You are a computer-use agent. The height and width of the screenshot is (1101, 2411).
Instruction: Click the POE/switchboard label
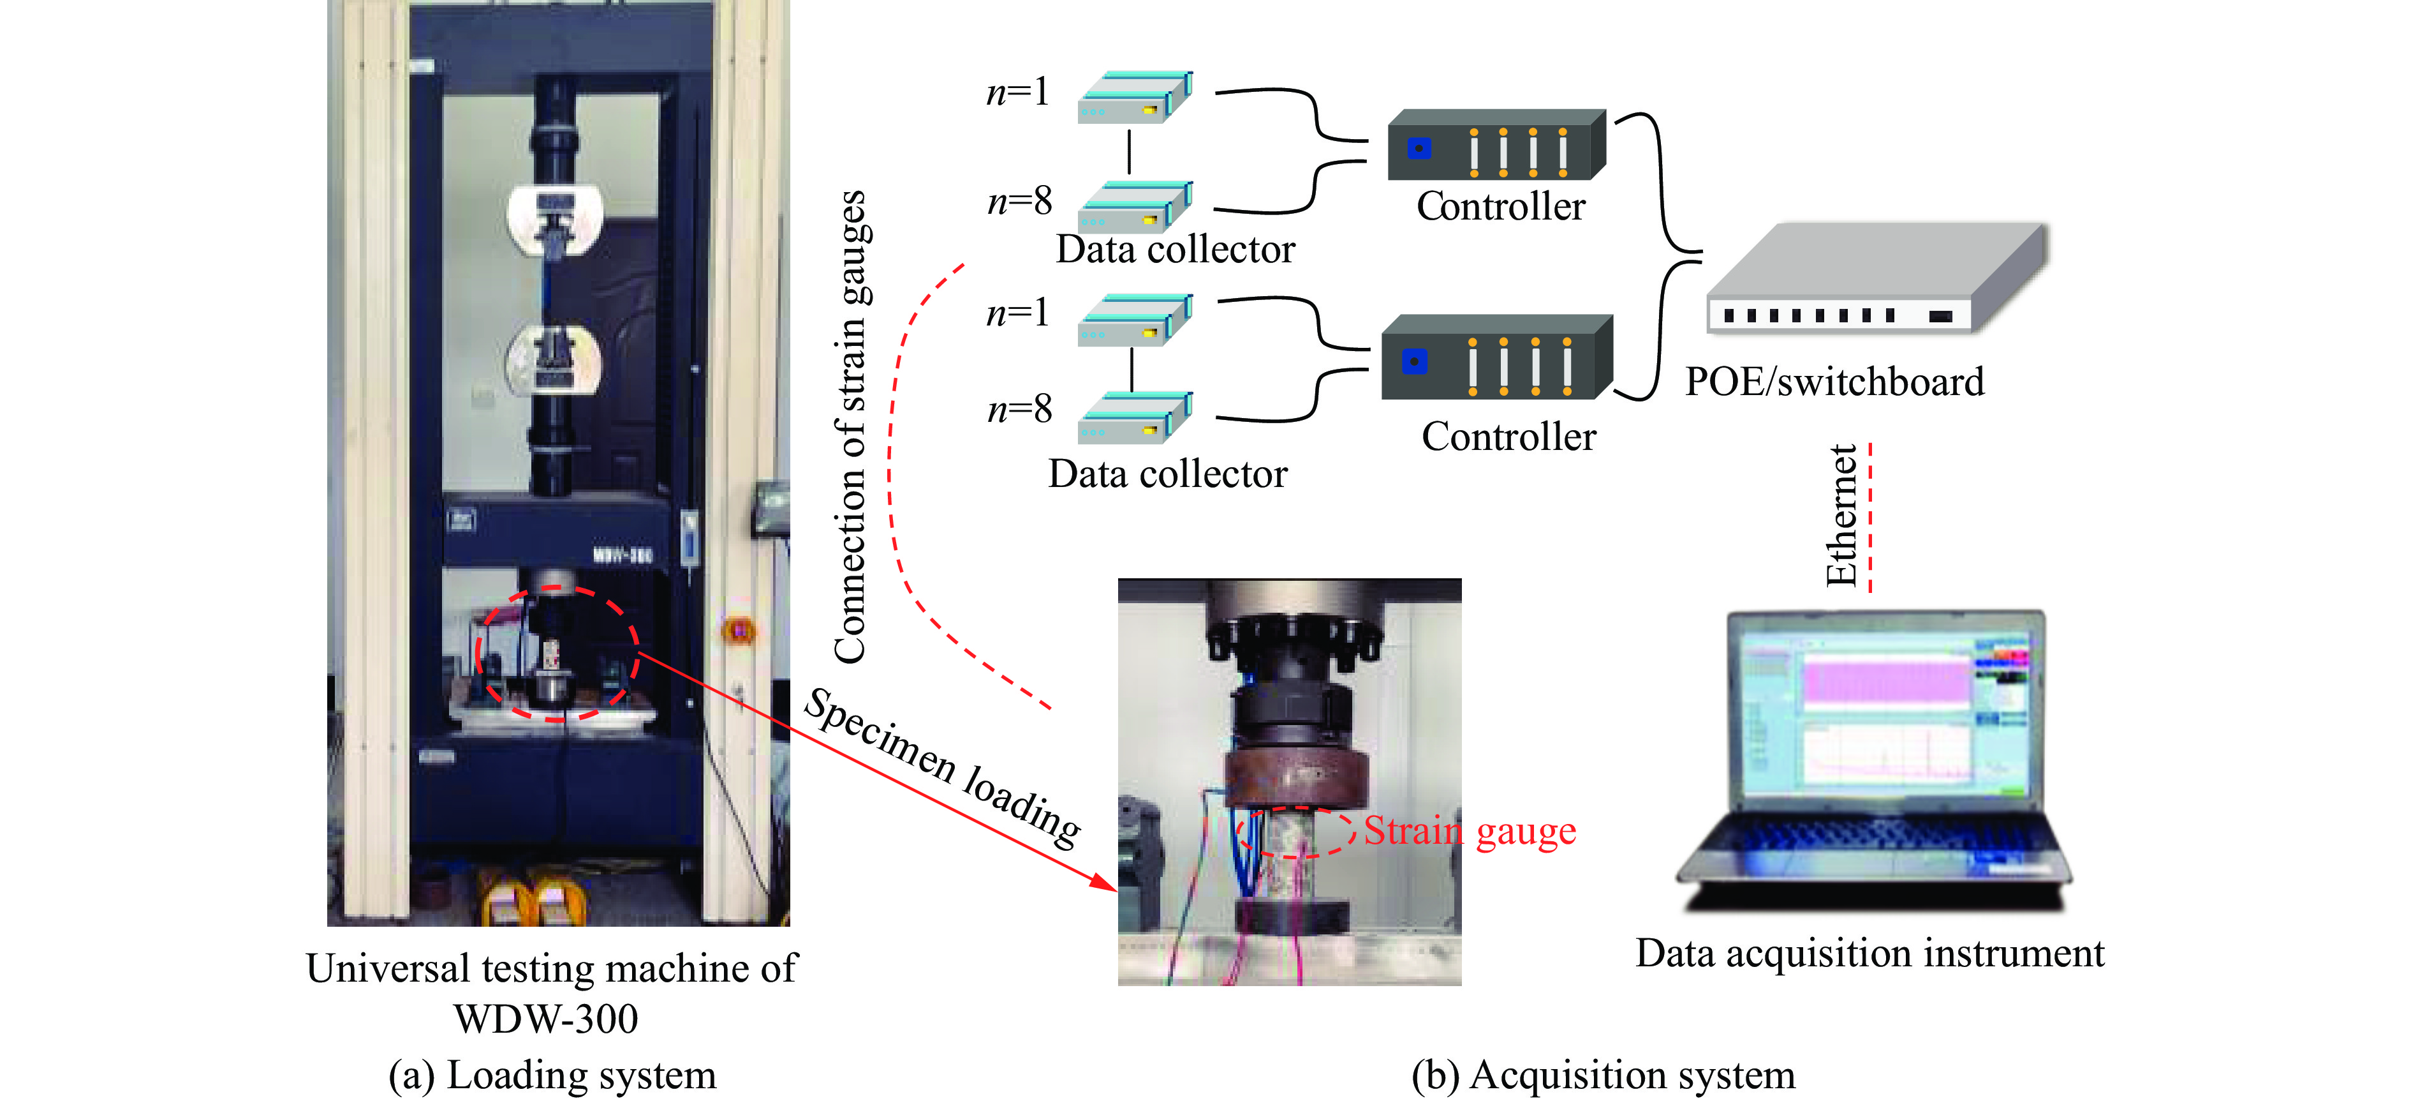point(1834,382)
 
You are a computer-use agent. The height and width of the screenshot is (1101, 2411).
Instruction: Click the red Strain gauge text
point(1470,832)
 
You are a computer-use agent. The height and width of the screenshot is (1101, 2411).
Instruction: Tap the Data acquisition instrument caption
point(1869,953)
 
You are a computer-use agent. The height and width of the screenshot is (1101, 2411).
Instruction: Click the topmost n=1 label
point(1019,92)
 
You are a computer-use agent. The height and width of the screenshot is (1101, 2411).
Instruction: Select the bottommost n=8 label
point(1020,409)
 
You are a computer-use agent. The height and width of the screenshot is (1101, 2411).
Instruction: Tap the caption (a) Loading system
point(552,1075)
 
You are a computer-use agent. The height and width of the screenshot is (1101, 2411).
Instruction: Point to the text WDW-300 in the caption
point(545,1019)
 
